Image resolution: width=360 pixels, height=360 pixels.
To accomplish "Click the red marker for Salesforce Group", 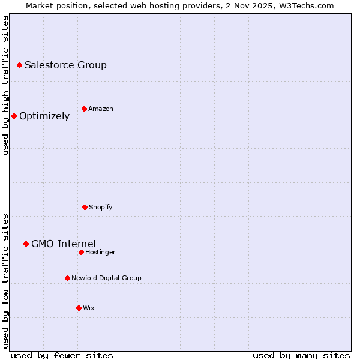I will click(x=19, y=65).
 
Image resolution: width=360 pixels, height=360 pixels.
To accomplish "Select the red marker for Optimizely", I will click(x=14, y=116).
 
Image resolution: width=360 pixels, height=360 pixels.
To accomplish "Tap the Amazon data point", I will click(x=84, y=109).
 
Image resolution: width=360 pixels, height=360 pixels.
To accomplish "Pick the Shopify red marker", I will click(x=85, y=207).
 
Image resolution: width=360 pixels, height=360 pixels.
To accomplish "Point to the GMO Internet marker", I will click(x=26, y=244).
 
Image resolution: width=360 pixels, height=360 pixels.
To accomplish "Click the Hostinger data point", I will click(x=81, y=252).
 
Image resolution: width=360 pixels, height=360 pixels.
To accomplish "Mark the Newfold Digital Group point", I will click(x=67, y=278).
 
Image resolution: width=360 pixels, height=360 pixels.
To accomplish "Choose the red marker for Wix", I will click(x=79, y=308).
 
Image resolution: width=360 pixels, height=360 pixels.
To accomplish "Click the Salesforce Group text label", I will click(x=65, y=65).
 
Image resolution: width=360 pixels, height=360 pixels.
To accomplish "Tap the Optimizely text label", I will click(x=44, y=116).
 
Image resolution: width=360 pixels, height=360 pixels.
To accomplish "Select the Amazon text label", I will click(x=101, y=109).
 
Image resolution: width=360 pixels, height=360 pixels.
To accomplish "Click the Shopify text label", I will click(x=101, y=207).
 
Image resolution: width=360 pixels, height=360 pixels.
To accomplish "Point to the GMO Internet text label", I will click(x=64, y=244).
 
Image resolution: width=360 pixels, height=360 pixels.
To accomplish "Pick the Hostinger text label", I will click(x=100, y=252).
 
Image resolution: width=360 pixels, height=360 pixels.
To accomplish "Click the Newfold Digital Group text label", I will click(x=106, y=278).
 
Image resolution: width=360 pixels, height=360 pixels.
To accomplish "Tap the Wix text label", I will click(x=89, y=308).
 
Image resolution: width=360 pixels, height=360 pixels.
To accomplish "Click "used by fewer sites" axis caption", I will click(x=62, y=355).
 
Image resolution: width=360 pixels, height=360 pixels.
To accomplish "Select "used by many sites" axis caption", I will click(x=301, y=355).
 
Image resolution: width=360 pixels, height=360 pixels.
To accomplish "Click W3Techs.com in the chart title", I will click(x=305, y=5).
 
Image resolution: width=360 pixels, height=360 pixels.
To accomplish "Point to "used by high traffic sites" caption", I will click(x=5, y=85).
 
